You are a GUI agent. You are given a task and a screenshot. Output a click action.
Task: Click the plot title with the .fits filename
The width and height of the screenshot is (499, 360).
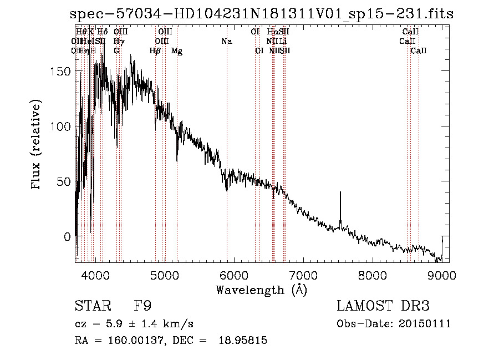(262, 14)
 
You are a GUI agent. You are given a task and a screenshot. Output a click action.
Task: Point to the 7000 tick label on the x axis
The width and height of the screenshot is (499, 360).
(303, 275)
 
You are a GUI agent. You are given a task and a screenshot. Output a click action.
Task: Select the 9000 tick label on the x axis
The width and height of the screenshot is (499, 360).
(441, 275)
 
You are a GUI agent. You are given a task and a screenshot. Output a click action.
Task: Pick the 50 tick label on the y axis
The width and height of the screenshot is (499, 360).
(65, 181)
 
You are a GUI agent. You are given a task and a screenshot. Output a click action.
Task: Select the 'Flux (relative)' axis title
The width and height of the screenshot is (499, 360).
(37, 145)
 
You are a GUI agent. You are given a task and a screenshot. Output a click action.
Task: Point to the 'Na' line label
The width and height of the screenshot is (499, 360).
(226, 42)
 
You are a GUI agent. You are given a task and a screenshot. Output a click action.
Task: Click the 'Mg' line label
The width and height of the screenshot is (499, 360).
(177, 51)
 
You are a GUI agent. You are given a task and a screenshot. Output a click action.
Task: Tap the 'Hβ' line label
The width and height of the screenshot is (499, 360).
(155, 51)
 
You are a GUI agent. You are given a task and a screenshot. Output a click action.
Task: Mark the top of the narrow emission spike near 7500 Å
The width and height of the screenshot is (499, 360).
(340, 192)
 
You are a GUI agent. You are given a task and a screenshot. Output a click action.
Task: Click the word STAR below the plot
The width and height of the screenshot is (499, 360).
(92, 306)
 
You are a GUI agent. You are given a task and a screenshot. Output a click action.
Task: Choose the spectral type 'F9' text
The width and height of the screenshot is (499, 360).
(143, 306)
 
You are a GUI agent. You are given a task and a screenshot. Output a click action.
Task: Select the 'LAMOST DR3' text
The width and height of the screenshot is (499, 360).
(383, 306)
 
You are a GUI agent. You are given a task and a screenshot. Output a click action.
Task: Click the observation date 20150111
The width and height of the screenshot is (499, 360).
(425, 324)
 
